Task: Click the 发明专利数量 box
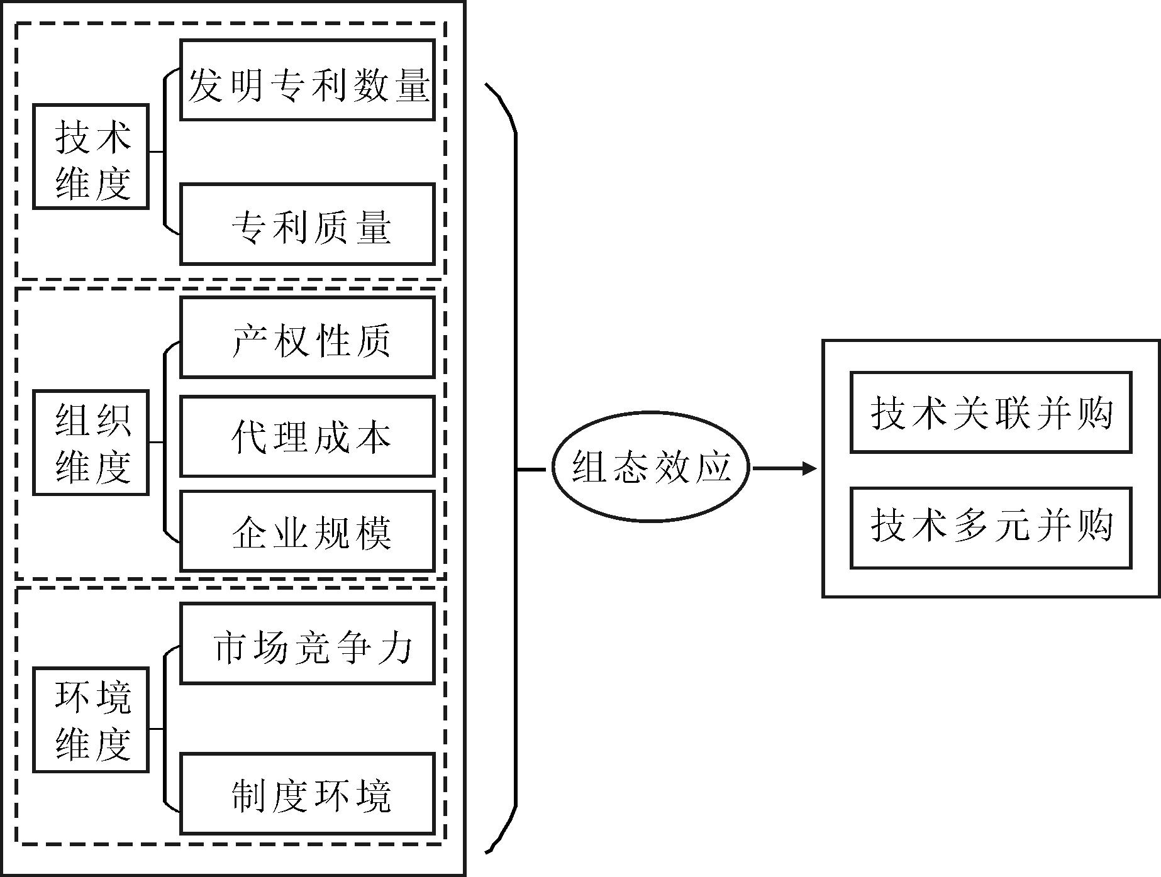(308, 80)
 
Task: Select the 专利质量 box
(308, 224)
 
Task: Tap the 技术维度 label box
(91, 157)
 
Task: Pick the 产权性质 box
(308, 338)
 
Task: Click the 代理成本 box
(308, 436)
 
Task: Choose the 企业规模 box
(308, 531)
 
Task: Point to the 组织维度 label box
(91, 443)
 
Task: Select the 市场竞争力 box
(308, 643)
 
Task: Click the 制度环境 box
(308, 793)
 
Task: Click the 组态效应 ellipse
(651, 467)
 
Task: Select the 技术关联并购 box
(991, 412)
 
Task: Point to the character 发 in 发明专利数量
(206, 85)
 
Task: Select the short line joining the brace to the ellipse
(531, 469)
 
